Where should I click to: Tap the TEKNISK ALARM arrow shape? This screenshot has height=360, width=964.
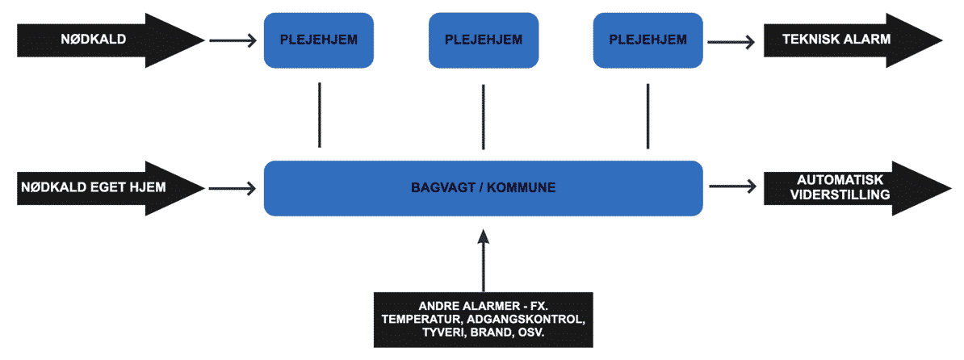click(x=852, y=40)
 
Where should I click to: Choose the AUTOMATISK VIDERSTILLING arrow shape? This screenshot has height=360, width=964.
click(x=852, y=188)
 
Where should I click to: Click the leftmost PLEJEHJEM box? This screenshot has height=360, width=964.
click(x=318, y=40)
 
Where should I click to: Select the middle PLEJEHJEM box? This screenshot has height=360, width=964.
click(x=484, y=40)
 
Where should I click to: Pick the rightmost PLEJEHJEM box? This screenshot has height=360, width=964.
click(x=648, y=40)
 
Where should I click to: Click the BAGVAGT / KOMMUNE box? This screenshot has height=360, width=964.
click(x=484, y=188)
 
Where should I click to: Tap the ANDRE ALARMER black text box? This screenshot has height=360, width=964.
click(x=484, y=320)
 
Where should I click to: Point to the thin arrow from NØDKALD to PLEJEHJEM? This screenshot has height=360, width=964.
click(x=233, y=41)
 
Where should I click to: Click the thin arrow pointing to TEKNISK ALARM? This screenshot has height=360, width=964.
click(x=732, y=41)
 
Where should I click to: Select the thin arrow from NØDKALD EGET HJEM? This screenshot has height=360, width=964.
click(x=233, y=187)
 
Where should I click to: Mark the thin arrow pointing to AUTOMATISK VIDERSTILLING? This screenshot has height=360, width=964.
click(x=732, y=187)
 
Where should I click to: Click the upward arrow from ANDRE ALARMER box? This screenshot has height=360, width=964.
click(x=484, y=260)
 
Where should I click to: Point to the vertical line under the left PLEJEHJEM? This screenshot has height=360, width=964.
click(x=320, y=115)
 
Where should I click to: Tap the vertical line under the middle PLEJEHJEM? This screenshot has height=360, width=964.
click(x=484, y=117)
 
